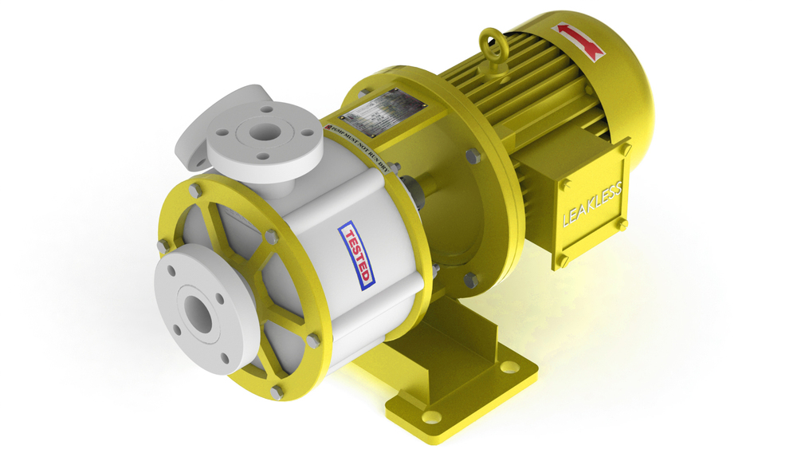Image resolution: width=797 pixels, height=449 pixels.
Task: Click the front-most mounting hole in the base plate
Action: tap(430, 416)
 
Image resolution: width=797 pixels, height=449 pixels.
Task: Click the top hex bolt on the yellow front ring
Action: tap(194, 190)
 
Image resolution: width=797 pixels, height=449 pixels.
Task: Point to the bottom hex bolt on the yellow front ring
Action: tap(275, 392)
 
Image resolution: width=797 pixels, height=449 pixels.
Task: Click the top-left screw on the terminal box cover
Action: tap(564, 185)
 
